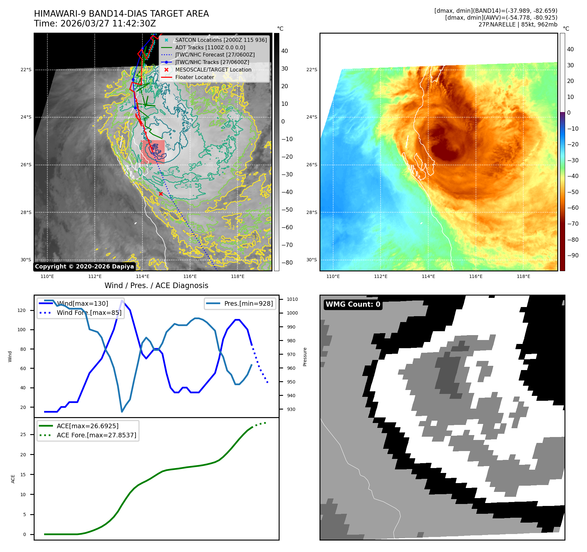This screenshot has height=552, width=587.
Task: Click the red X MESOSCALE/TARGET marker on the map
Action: pyautogui.click(x=161, y=194)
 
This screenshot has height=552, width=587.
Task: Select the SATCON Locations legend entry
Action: pyautogui.click(x=221, y=40)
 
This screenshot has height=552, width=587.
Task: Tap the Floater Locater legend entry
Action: pyautogui.click(x=195, y=77)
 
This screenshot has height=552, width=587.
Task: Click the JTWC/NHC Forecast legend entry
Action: pyautogui.click(x=215, y=55)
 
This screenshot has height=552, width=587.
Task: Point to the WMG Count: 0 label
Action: pyautogui.click(x=353, y=304)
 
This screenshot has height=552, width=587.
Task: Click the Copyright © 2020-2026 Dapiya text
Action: pyautogui.click(x=84, y=267)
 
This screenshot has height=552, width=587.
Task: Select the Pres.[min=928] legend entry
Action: pyautogui.click(x=248, y=303)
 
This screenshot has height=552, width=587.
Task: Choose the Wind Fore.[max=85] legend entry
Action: pyautogui.click(x=89, y=313)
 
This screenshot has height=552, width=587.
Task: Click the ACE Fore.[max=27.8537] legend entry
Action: pyautogui.click(x=96, y=435)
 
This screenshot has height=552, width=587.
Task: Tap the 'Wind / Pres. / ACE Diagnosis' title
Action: pyautogui.click(x=156, y=285)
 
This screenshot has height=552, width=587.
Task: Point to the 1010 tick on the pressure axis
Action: pyautogui.click(x=292, y=299)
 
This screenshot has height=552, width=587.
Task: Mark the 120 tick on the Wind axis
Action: pyautogui.click(x=22, y=310)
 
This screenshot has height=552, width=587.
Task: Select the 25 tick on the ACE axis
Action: pyautogui.click(x=23, y=434)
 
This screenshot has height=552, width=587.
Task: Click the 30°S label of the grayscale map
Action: pyautogui.click(x=26, y=260)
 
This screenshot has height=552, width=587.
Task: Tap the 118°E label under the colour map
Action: pyautogui.click(x=523, y=276)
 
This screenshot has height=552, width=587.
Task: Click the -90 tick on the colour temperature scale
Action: pyautogui.click(x=573, y=255)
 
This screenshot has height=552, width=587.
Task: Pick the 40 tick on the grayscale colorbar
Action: pyautogui.click(x=285, y=51)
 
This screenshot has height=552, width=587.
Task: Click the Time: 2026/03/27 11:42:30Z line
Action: pyautogui.click(x=95, y=24)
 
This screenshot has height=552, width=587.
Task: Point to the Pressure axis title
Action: pyautogui.click(x=305, y=357)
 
